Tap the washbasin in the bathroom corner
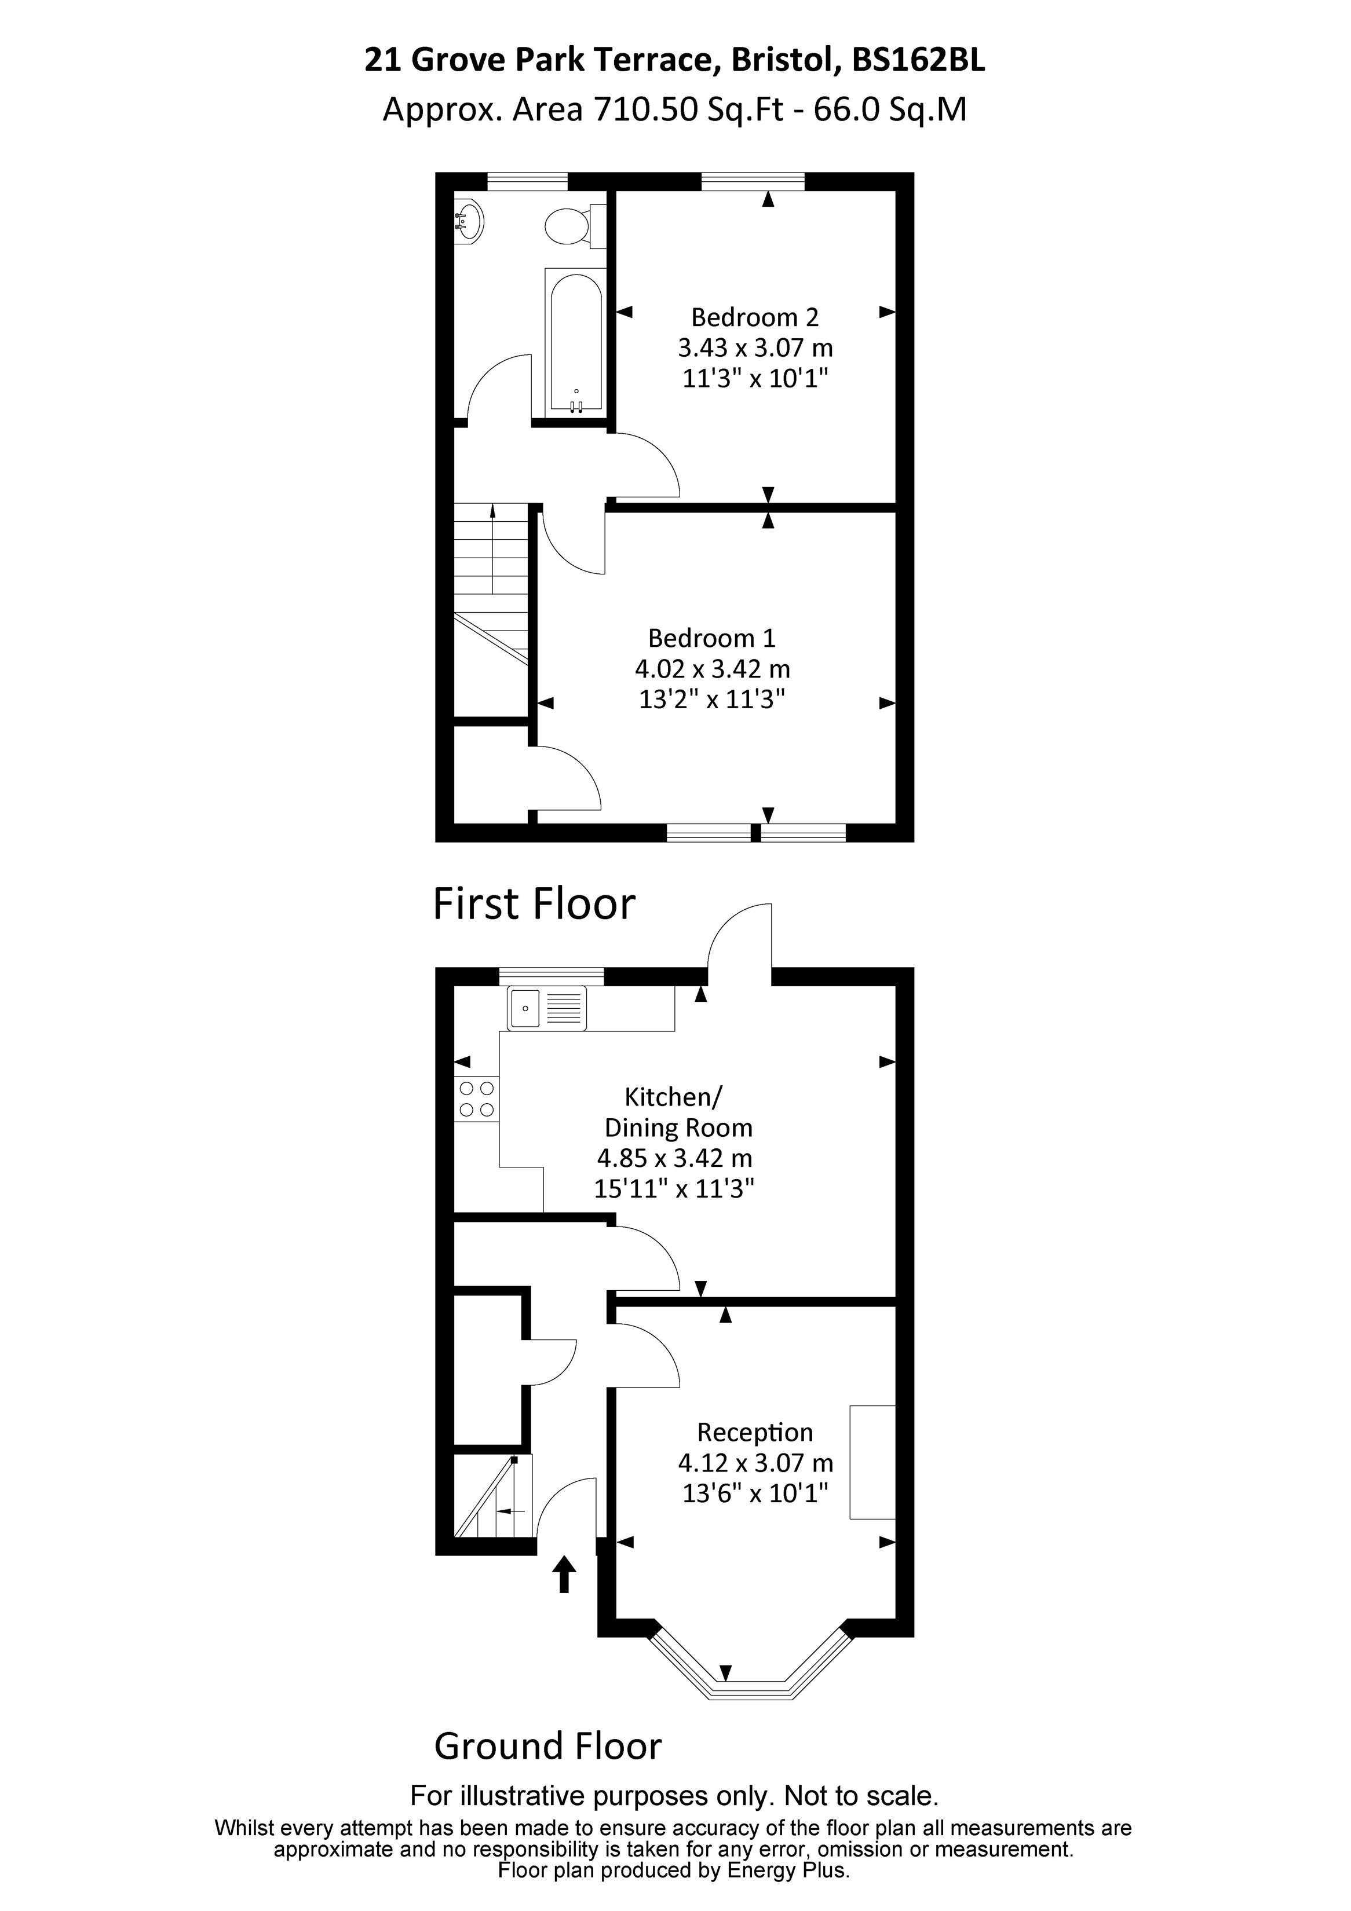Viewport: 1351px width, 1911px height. [469, 221]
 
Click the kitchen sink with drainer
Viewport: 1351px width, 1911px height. [547, 1008]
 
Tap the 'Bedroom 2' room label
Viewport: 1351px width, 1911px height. [755, 317]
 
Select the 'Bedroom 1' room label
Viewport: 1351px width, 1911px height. [712, 638]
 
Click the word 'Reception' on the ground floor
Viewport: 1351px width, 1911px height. [755, 1433]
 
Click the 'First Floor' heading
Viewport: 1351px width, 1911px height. [534, 904]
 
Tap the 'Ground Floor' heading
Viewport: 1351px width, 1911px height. [547, 1746]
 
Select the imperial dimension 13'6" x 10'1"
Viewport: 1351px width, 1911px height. [755, 1493]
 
